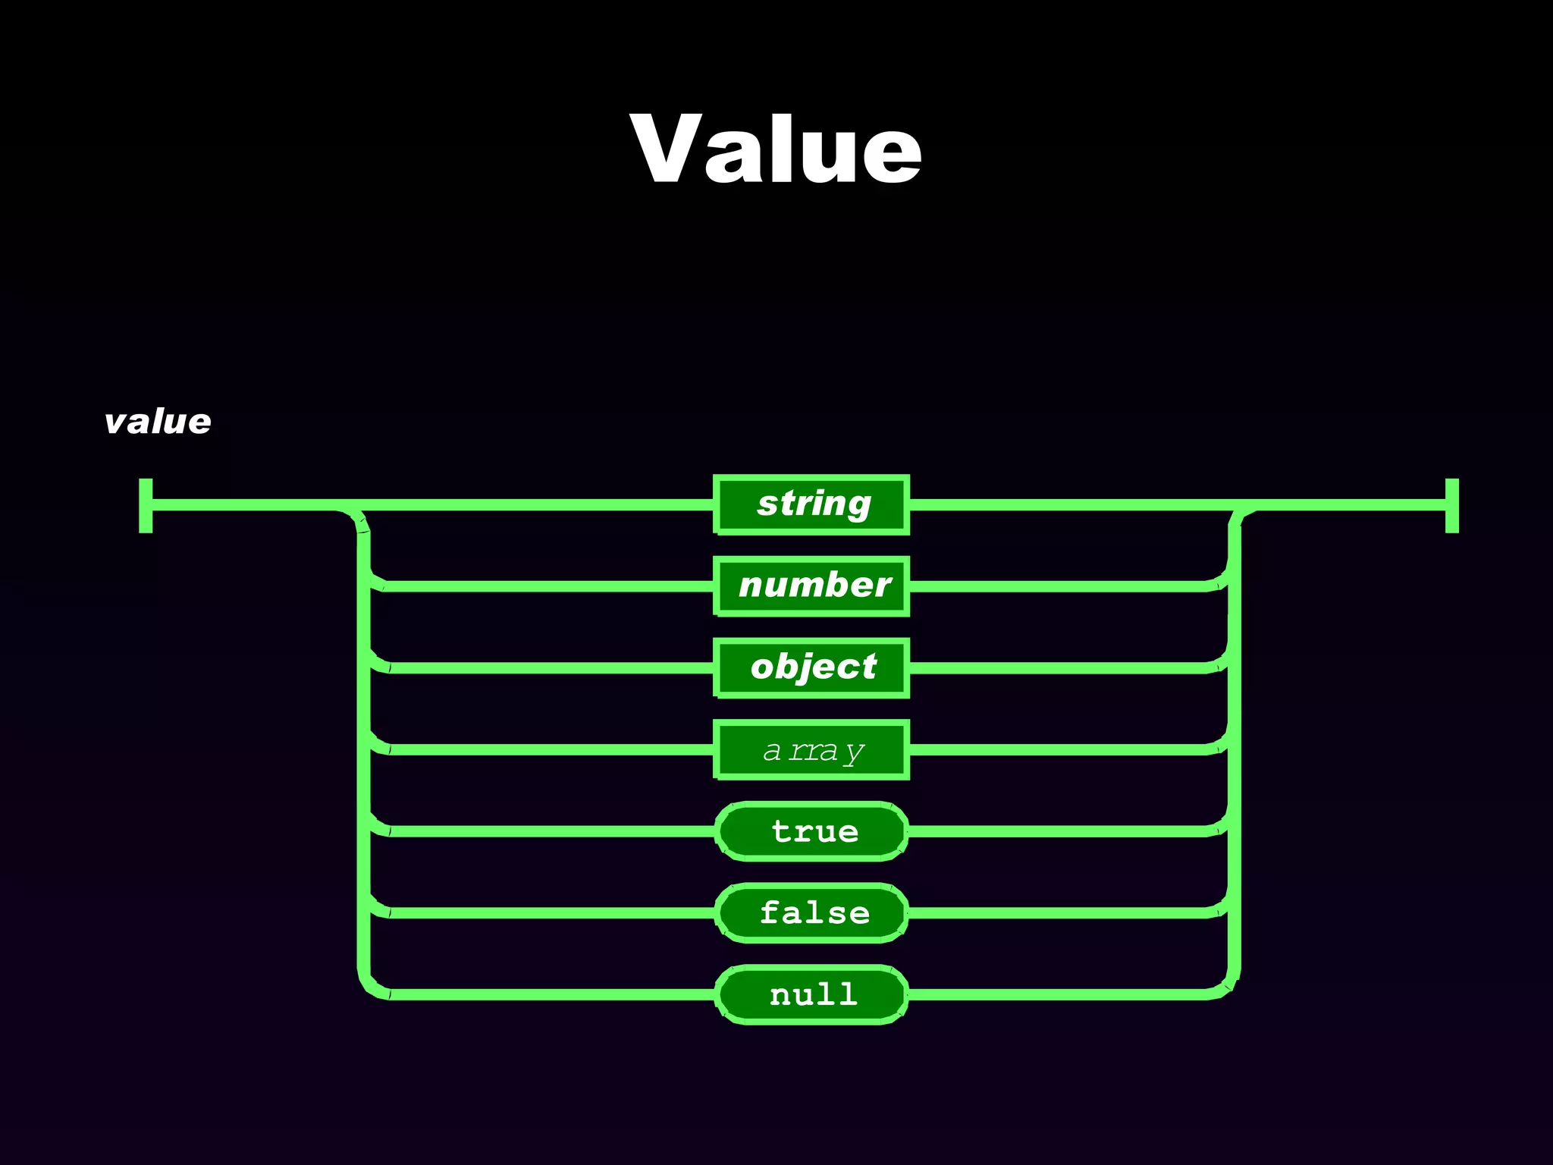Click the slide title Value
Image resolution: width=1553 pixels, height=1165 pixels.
(x=776, y=148)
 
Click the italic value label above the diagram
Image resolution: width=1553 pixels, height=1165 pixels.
(x=158, y=422)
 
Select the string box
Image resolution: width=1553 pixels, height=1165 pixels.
(x=811, y=504)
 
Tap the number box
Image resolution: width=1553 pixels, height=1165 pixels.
(x=811, y=586)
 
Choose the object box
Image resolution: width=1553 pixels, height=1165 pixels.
(x=811, y=667)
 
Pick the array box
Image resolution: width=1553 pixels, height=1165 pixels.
(x=811, y=749)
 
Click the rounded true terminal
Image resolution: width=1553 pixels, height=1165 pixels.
(x=811, y=831)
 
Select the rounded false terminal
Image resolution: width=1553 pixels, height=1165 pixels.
(x=811, y=913)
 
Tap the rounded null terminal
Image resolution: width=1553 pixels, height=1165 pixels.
(x=811, y=994)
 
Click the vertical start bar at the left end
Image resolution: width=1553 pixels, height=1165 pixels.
(x=146, y=505)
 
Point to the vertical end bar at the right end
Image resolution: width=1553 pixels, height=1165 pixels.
(x=1452, y=505)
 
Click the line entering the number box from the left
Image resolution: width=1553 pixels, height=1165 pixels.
(x=546, y=586)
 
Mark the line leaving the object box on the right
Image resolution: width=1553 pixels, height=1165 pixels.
(x=1062, y=668)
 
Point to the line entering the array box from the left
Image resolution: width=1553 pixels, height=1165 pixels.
(x=546, y=749)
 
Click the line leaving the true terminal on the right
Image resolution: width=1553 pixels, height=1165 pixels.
(x=1062, y=831)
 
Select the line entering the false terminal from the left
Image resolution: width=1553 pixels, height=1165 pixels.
(x=546, y=913)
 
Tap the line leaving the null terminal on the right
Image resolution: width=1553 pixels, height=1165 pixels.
(x=1062, y=994)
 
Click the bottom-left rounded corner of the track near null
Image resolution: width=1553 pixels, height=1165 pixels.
(x=369, y=987)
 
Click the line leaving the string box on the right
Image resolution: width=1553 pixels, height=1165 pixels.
(x=1062, y=504)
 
